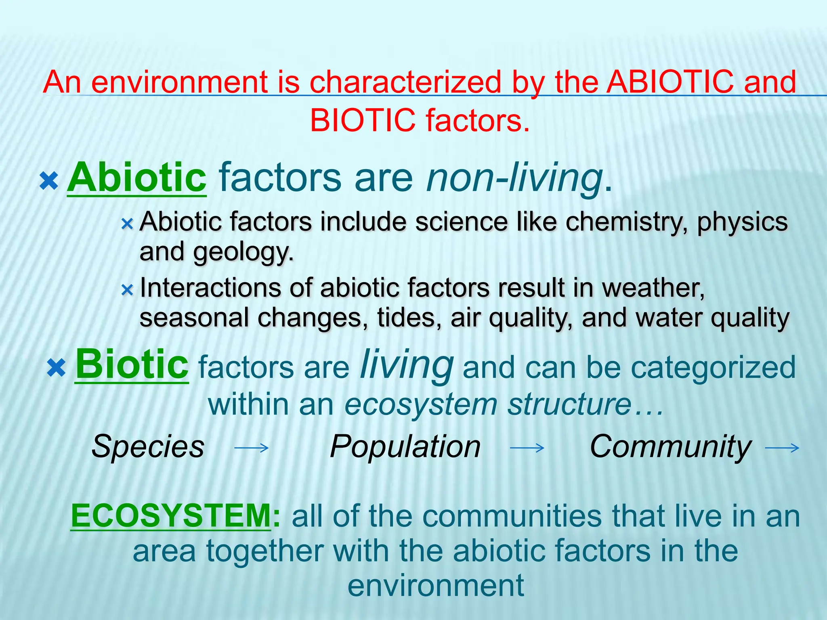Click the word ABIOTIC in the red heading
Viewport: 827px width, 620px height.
[x=670, y=82]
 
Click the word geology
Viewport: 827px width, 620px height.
[x=243, y=252]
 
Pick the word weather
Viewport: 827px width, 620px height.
[x=653, y=288]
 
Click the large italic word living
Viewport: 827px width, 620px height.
[x=407, y=364]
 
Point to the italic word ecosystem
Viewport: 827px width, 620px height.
[x=421, y=404]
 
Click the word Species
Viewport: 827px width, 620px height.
[x=148, y=446]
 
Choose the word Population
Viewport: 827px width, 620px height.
[x=405, y=446]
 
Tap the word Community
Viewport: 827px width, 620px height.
[x=670, y=446]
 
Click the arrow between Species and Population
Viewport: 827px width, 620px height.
[x=252, y=448]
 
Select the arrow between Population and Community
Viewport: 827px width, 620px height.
[x=527, y=448]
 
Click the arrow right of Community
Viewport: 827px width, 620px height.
[x=782, y=448]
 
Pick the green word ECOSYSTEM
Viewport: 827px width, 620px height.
[x=171, y=516]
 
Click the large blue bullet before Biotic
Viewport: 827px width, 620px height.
[x=56, y=368]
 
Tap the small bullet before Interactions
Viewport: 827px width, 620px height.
[x=127, y=289]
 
